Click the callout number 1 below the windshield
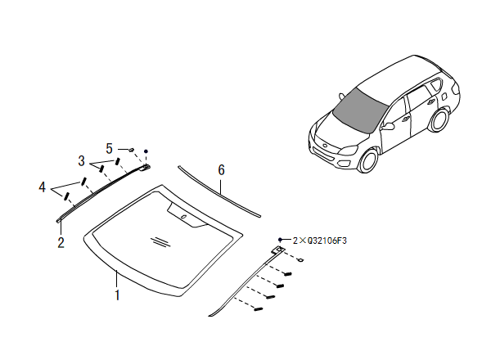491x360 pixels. pos(117,295)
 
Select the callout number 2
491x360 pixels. pos(61,242)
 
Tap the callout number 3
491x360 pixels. pos(81,159)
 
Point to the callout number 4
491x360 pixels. pos(42,187)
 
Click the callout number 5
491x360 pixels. pos(109,148)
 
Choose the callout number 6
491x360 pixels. pos(221,170)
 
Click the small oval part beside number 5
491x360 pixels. pos(130,150)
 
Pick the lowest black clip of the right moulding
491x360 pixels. pos(258,310)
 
